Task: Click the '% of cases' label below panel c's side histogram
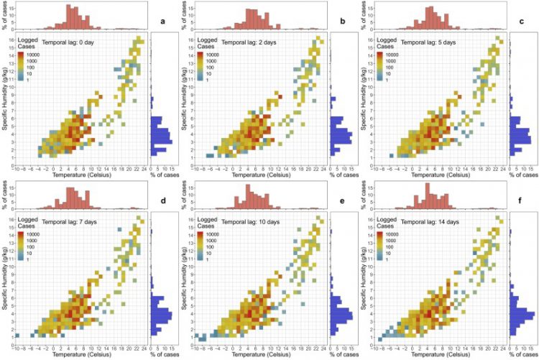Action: [x=523, y=175]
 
